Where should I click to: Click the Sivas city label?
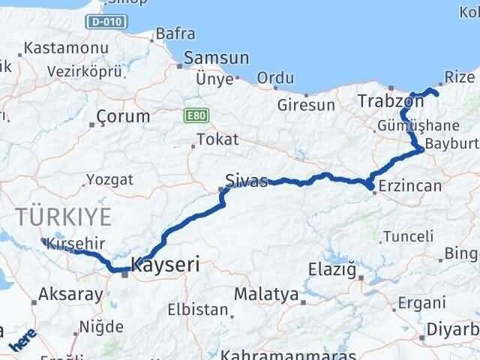246,181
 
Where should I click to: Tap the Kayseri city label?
166,264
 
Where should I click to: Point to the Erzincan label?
410,185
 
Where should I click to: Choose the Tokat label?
217,139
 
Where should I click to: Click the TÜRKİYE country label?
64,217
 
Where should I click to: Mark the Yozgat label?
109,179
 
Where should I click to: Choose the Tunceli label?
408,237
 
